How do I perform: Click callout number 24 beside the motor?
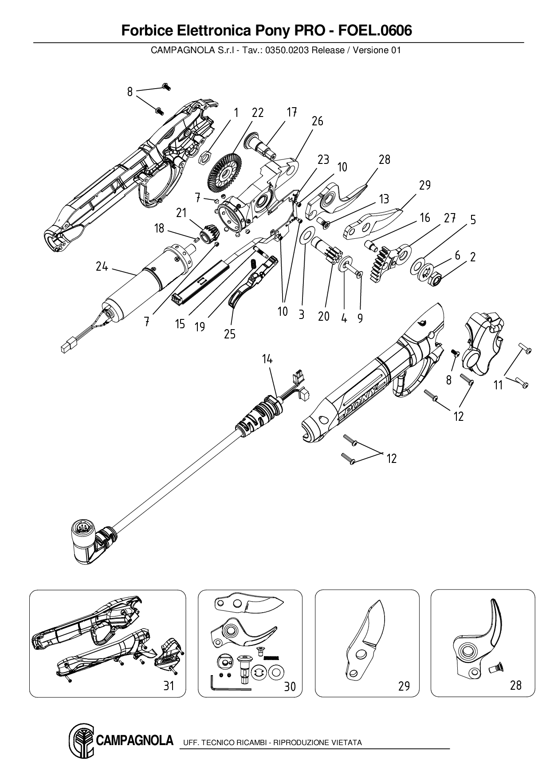click(x=102, y=267)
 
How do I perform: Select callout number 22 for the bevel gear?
click(x=258, y=113)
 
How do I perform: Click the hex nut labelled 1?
click(x=205, y=157)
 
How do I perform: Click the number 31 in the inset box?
click(x=169, y=686)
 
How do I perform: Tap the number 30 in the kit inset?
click(x=290, y=687)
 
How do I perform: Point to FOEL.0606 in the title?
click(x=375, y=31)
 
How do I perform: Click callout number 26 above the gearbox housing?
click(x=318, y=121)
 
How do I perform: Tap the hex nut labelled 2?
click(x=435, y=279)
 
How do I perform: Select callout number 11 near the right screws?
click(x=499, y=385)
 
